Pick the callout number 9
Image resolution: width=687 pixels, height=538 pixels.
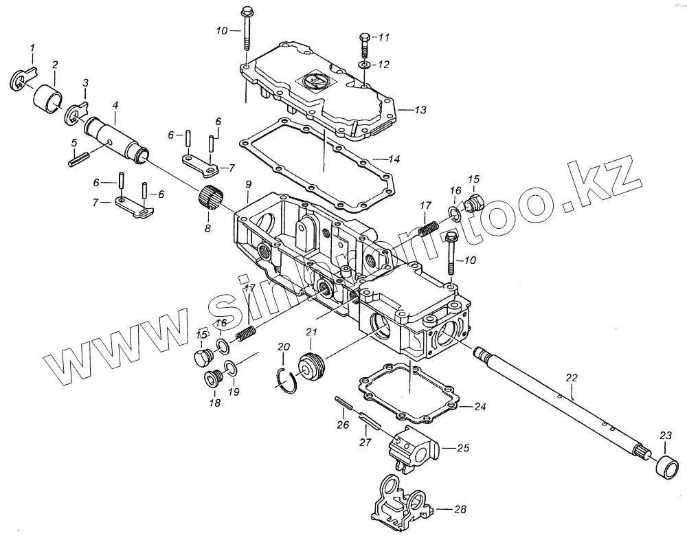pos(248,186)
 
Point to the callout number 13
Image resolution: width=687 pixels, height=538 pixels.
pos(420,110)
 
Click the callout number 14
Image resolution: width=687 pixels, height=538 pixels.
pos(393,159)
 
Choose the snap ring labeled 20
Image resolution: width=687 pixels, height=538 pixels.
pos(289,380)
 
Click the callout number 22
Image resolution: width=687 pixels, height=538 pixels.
pos(572,378)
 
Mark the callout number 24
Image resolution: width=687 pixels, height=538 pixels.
pos(480,407)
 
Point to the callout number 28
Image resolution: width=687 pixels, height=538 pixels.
pos(460,509)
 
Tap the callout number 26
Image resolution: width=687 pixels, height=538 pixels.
pos(343,424)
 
